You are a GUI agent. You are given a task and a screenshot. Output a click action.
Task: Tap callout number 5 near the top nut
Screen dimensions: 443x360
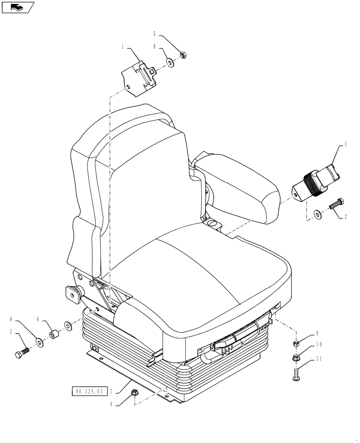pos(154,34)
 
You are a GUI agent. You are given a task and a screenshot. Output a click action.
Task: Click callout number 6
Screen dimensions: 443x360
pos(38,319)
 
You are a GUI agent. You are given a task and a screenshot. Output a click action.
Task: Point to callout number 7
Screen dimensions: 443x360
pos(111,391)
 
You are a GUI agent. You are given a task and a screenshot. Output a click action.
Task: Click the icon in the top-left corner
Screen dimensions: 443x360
pos(18,7)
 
